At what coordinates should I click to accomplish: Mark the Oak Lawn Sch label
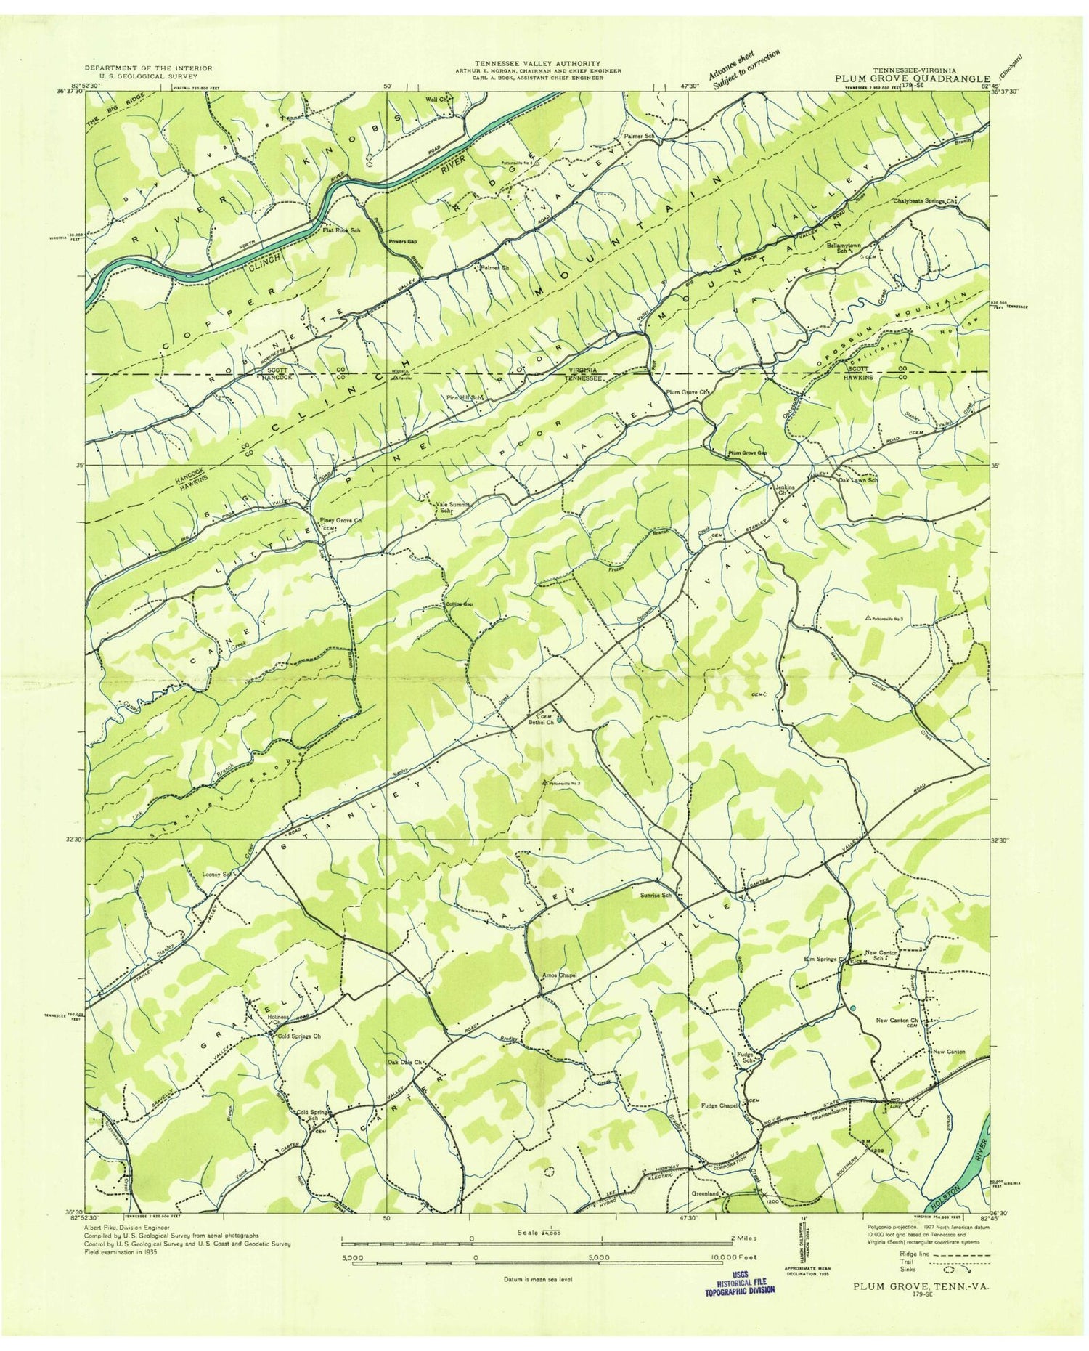[x=858, y=480]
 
